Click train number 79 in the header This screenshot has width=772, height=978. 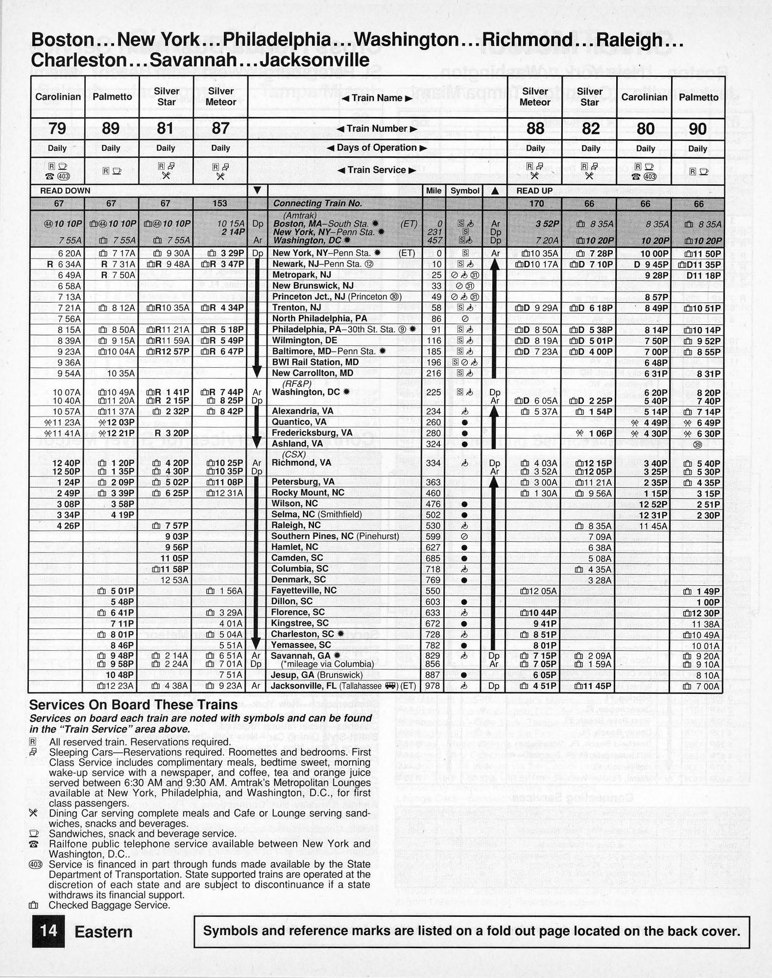pos(57,128)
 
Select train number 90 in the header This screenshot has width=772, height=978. pos(698,129)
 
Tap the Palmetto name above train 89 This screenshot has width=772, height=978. pos(112,96)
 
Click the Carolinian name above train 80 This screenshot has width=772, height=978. pos(644,97)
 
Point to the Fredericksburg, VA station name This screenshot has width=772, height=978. pos(312,433)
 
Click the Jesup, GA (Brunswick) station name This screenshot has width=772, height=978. pos(317,675)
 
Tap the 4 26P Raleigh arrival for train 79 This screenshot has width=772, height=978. pos(68,525)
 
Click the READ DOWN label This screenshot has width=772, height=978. pos(65,191)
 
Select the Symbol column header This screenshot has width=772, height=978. pos(464,191)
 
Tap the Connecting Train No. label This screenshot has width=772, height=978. pos(317,203)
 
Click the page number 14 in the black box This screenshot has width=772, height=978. pos(48,930)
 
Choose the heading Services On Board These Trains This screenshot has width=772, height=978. pos(133,705)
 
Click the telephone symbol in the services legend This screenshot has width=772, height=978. pos(34,844)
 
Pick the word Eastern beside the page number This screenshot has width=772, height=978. pos(103,931)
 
